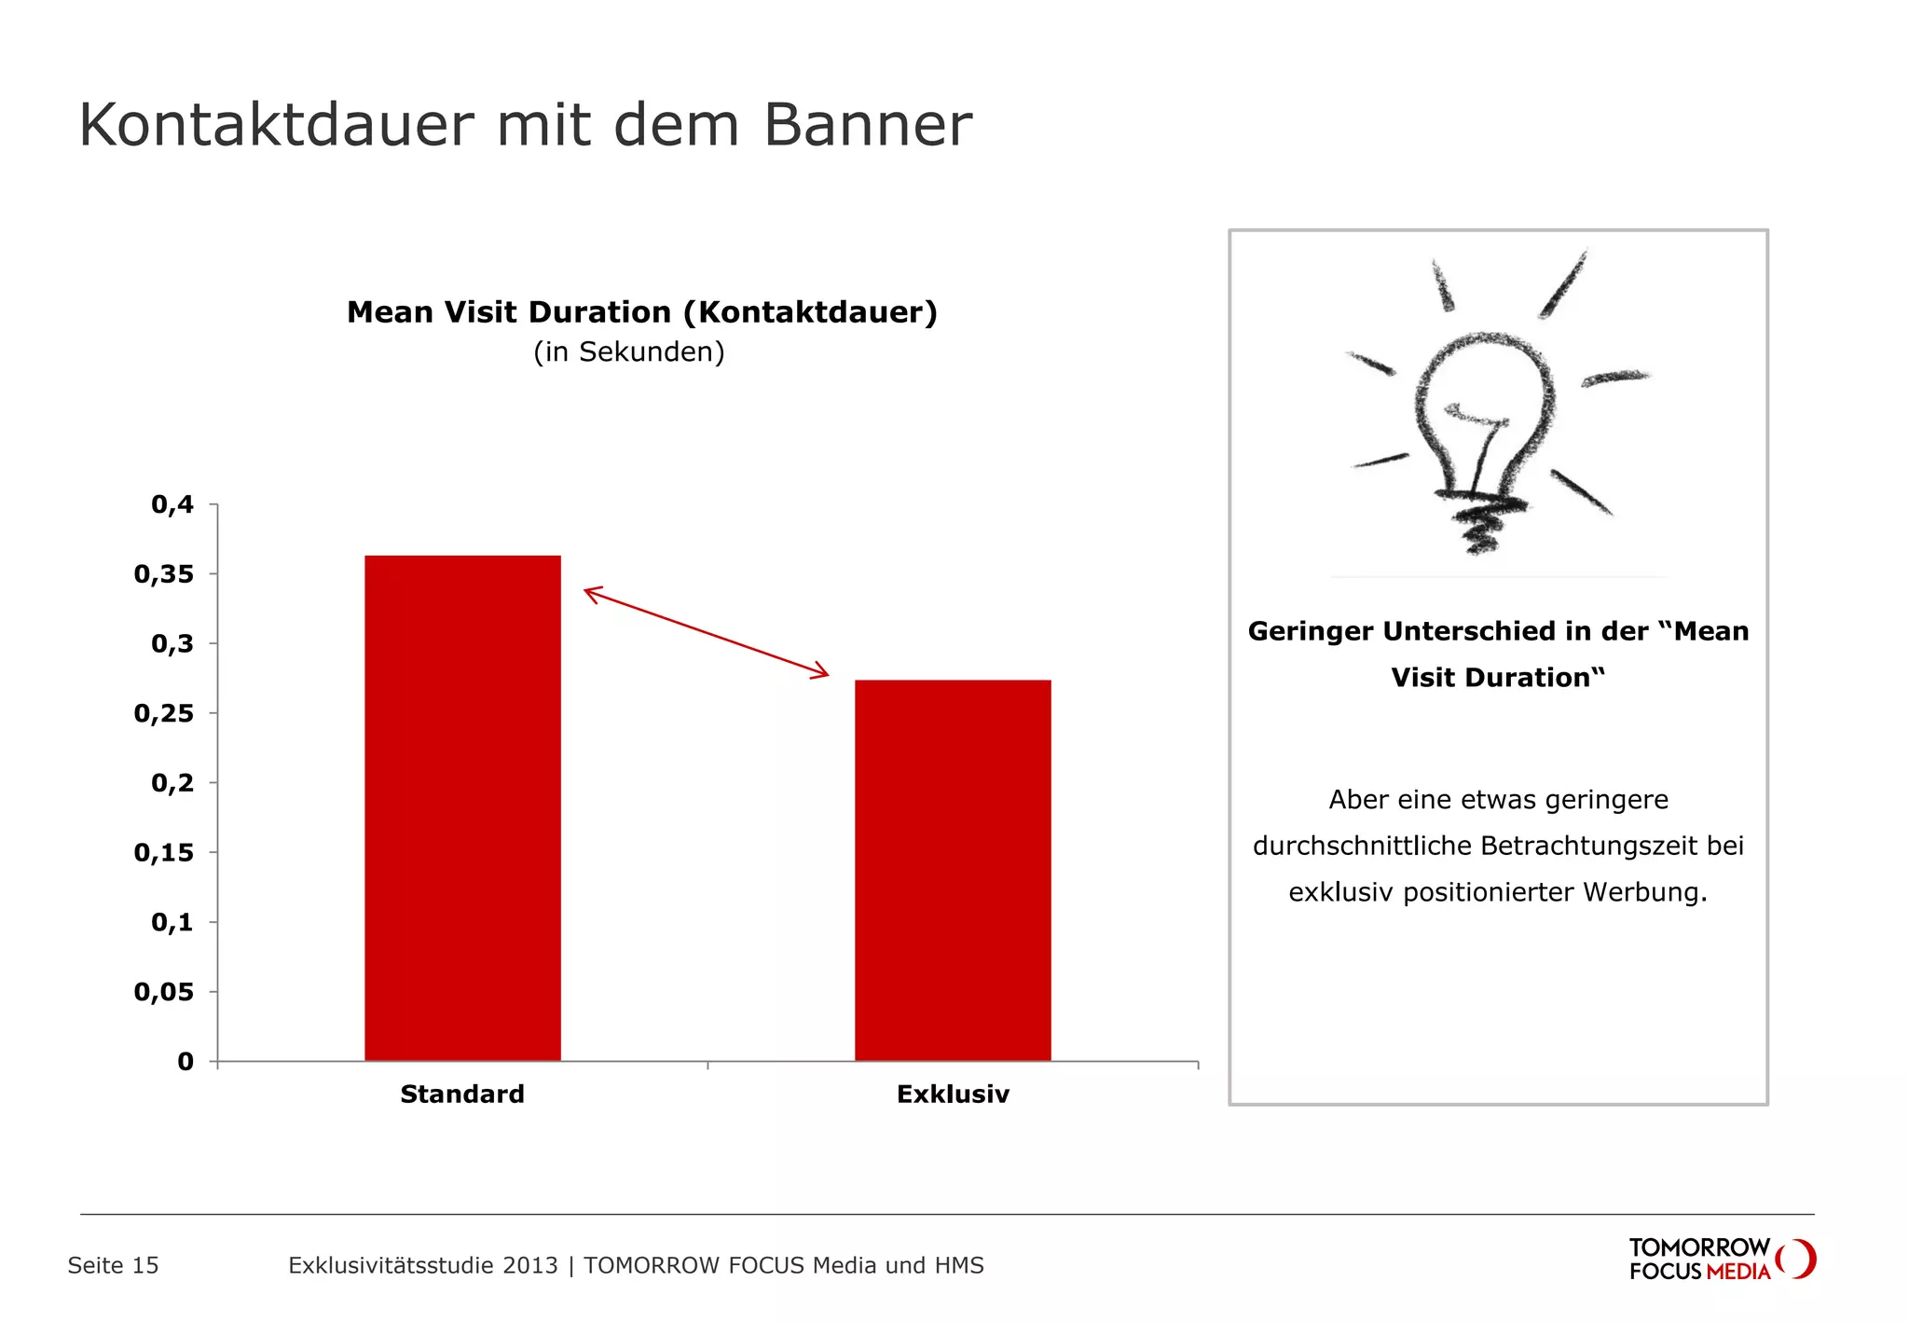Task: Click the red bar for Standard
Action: (462, 807)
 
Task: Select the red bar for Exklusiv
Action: (953, 870)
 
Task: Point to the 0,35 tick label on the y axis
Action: (164, 574)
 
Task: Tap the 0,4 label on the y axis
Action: (172, 504)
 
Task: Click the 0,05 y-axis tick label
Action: (164, 992)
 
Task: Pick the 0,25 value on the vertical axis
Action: (164, 713)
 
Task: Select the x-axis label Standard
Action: (462, 1094)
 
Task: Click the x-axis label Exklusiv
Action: (953, 1094)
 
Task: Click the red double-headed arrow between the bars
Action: (706, 631)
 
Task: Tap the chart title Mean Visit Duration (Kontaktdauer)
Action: (641, 312)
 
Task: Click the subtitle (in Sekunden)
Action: (629, 352)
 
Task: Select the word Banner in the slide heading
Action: (868, 125)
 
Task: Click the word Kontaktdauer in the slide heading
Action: (276, 125)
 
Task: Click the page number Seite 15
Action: (113, 1265)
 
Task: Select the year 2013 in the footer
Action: (529, 1265)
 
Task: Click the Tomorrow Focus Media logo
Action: (1721, 1260)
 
